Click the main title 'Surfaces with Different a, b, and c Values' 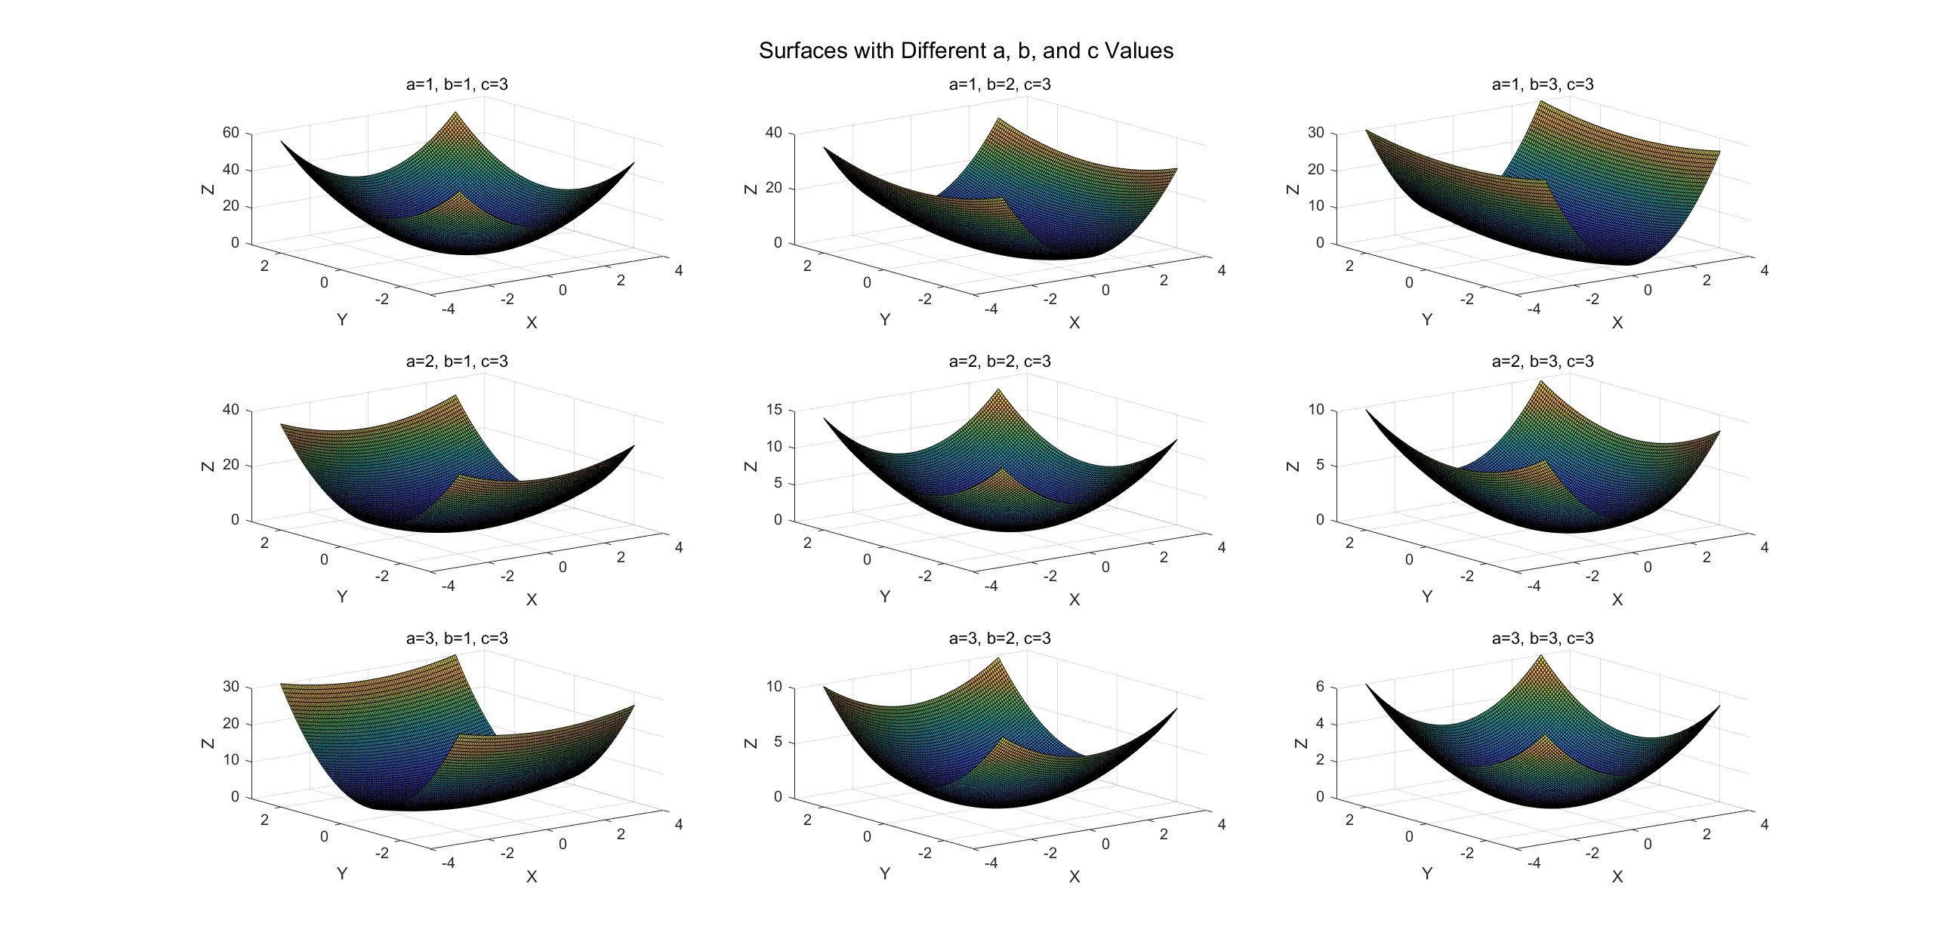click(966, 51)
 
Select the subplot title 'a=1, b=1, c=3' click(457, 85)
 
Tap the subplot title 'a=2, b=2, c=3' click(1000, 362)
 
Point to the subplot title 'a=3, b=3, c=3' click(1543, 639)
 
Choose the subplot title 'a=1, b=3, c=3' click(1543, 85)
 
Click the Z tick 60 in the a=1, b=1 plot click(230, 133)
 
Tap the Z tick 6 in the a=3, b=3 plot click(1320, 687)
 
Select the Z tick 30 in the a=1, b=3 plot click(1316, 133)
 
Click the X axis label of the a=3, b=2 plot click(1074, 876)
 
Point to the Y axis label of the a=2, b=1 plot click(342, 596)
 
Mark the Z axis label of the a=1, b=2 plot click(751, 189)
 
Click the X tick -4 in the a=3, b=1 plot click(447, 863)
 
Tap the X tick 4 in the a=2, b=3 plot click(1764, 547)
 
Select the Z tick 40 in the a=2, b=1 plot click(230, 410)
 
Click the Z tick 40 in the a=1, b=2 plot click(773, 133)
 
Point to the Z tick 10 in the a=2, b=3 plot click(1316, 410)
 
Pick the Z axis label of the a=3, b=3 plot click(1293, 743)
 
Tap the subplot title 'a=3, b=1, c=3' click(457, 639)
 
